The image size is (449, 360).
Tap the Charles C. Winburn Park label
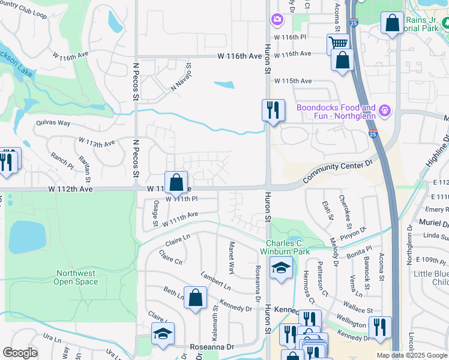288,247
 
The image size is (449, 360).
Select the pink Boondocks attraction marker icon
385,111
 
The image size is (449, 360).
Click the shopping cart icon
338,43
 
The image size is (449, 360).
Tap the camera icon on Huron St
276,20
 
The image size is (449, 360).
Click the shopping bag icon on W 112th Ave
176,182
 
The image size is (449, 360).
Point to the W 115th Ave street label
293,81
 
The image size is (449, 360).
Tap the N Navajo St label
181,78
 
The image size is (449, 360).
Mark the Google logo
20,353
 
